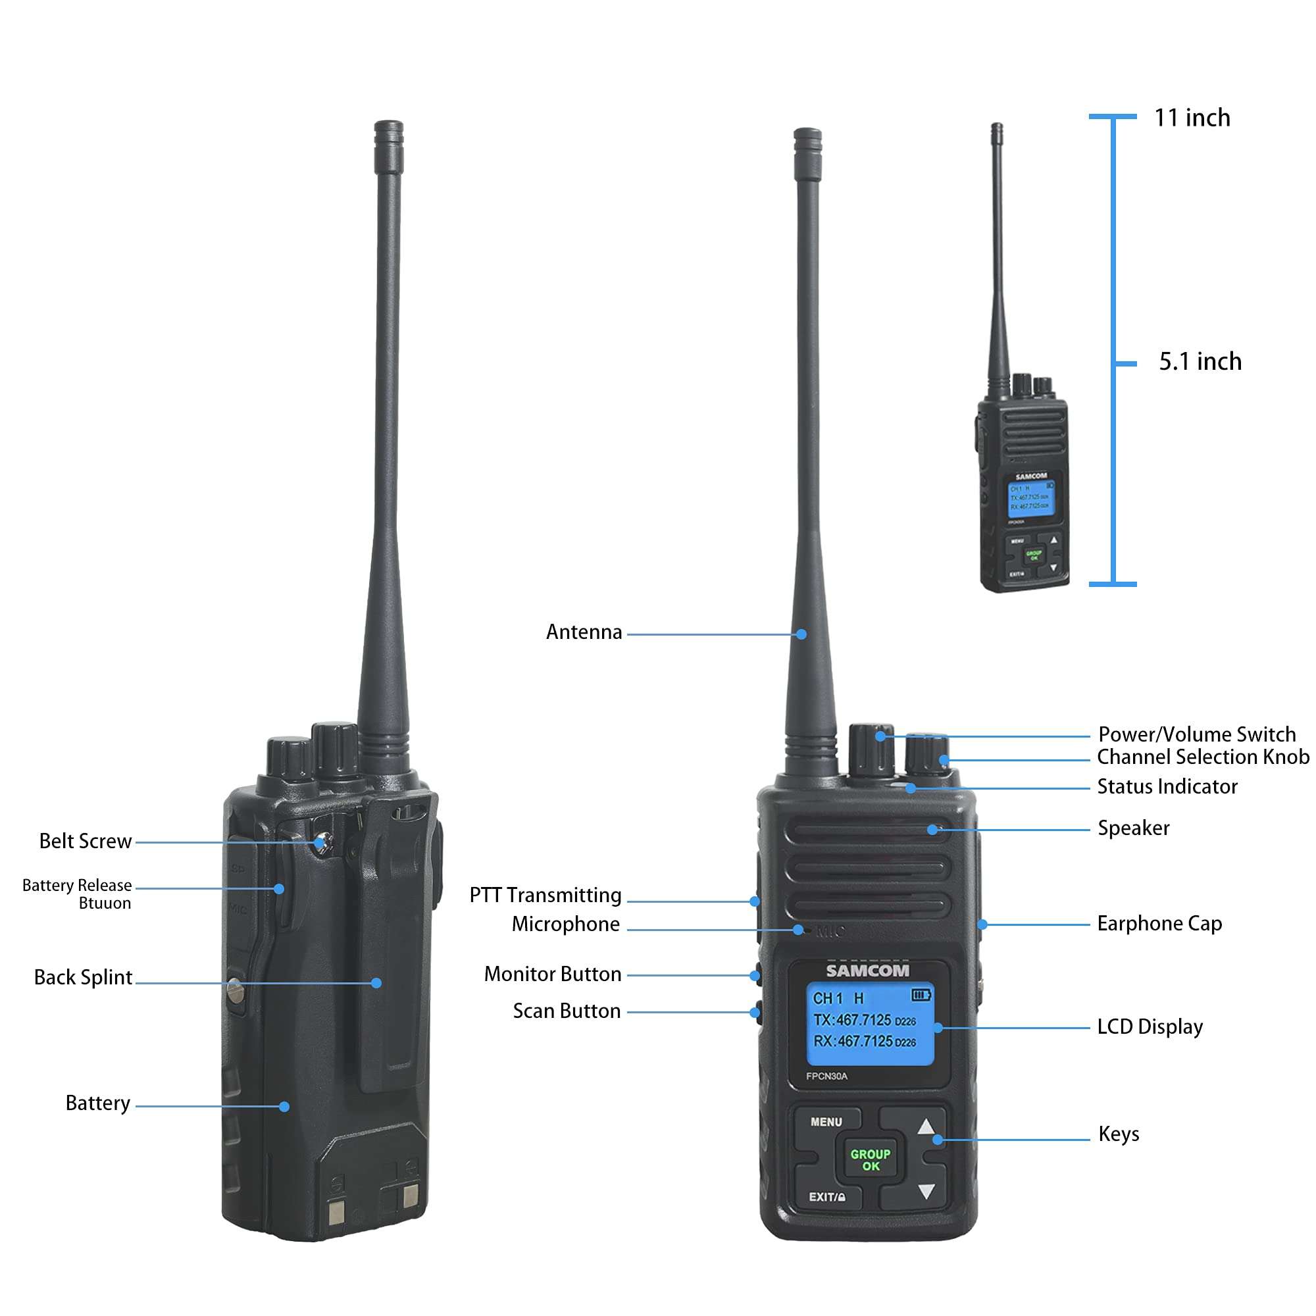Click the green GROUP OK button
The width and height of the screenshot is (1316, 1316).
pos(870,1159)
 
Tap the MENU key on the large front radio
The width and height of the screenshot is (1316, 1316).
pos(826,1122)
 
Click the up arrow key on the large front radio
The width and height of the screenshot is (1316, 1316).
pos(925,1126)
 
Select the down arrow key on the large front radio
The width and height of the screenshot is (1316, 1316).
pos(926,1192)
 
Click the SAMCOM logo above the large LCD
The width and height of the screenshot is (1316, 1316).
pos(867,971)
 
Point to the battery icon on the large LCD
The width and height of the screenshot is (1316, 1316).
pos(921,995)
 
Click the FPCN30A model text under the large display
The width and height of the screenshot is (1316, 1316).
pos(826,1076)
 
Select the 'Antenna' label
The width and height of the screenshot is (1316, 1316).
pos(584,632)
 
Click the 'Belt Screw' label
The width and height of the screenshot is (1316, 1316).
pos(85,841)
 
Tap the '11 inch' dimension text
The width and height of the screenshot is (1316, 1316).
pos(1192,118)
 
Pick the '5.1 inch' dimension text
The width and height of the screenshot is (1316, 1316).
pos(1200,362)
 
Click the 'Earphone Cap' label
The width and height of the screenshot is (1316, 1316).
pos(1159,924)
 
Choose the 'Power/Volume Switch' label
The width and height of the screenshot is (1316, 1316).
pos(1197,734)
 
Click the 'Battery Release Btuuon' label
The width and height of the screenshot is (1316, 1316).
pos(78,894)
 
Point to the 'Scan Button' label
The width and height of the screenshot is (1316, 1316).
pos(567,1011)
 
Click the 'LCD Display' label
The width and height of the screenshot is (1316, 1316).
pos(1150,1026)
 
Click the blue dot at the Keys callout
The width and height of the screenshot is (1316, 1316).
pos(938,1140)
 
